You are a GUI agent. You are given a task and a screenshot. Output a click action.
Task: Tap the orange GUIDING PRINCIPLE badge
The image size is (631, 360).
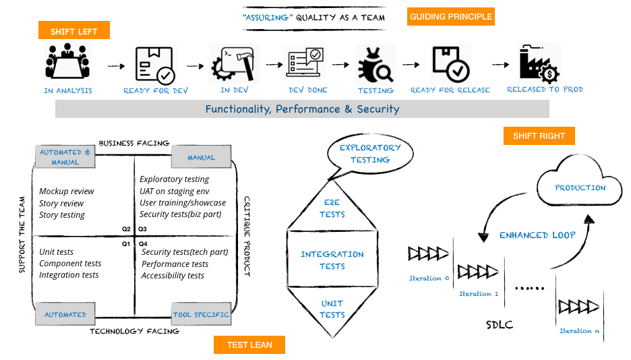pyautogui.click(x=450, y=16)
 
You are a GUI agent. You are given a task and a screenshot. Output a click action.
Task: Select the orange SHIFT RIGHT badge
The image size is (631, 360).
pyautogui.click(x=539, y=136)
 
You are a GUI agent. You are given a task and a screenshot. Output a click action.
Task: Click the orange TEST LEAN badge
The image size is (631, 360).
pyautogui.click(x=249, y=344)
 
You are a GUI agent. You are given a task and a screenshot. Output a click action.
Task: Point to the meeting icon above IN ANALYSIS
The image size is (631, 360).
pyautogui.click(x=67, y=62)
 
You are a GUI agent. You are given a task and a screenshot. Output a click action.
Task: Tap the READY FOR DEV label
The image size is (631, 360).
pyautogui.click(x=156, y=90)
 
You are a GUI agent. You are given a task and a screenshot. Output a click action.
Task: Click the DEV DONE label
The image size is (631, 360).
pyautogui.click(x=308, y=90)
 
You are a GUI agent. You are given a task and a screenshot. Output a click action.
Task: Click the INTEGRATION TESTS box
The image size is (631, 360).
pyautogui.click(x=332, y=260)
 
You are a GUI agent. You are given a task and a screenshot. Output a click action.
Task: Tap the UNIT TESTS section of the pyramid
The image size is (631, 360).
pyautogui.click(x=332, y=309)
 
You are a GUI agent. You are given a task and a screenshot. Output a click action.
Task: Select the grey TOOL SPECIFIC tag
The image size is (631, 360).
pyautogui.click(x=202, y=315)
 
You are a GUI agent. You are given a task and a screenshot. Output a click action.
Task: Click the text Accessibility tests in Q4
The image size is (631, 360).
pyautogui.click(x=173, y=276)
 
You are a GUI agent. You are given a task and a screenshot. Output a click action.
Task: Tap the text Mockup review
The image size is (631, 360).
pyautogui.click(x=67, y=191)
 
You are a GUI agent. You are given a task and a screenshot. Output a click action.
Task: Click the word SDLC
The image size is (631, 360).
pyautogui.click(x=500, y=325)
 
